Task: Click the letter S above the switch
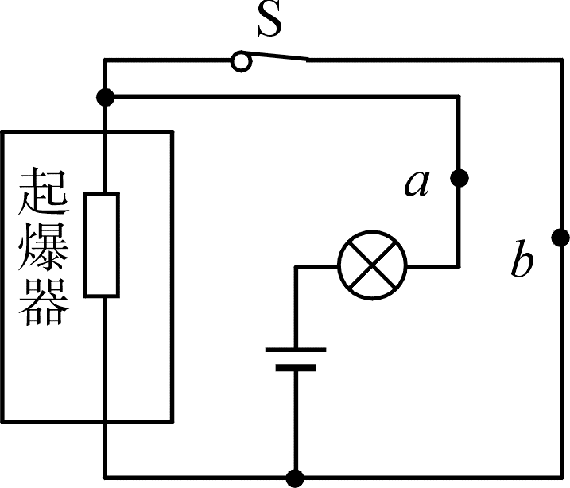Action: tap(269, 20)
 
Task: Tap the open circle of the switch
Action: tap(241, 61)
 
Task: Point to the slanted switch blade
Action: tap(279, 55)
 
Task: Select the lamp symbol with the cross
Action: tap(372, 265)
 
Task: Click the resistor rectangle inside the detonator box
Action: tap(102, 245)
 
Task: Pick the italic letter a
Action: tap(417, 183)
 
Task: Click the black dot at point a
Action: tap(459, 178)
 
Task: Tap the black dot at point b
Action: tap(560, 238)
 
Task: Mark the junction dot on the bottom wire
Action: tap(295, 478)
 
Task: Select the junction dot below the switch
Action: tap(106, 97)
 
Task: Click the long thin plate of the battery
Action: tap(296, 350)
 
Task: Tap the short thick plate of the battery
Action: tap(296, 368)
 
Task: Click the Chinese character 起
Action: tap(44, 191)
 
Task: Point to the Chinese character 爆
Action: tap(44, 246)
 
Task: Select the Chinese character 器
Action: tap(44, 301)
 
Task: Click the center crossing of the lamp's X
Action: tap(372, 265)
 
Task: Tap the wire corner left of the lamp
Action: tap(297, 267)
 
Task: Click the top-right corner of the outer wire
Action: tap(561, 60)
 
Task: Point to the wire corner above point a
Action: tap(459, 97)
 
